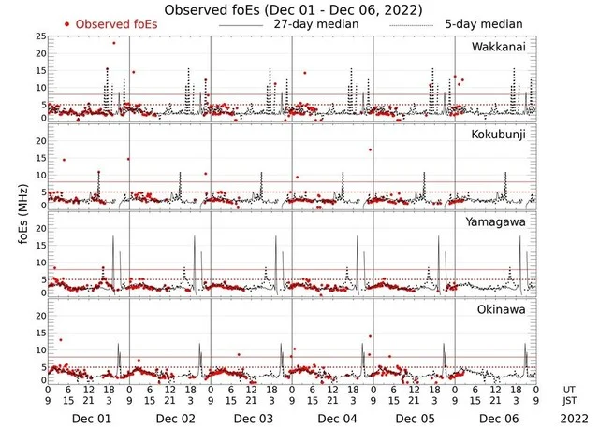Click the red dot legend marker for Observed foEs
(67, 24)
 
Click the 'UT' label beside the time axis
(568, 389)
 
